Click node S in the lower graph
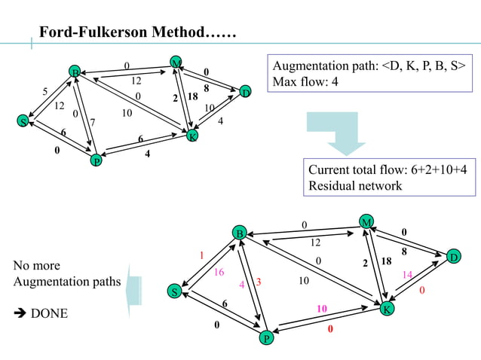click(175, 291)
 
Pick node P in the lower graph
click(266, 339)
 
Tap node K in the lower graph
click(387, 309)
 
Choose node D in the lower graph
click(454, 257)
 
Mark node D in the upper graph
click(245, 92)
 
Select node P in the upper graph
click(96, 160)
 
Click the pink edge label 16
click(219, 272)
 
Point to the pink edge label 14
click(407, 275)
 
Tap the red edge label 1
click(202, 255)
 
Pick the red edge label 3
click(258, 282)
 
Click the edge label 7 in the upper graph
click(92, 122)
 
